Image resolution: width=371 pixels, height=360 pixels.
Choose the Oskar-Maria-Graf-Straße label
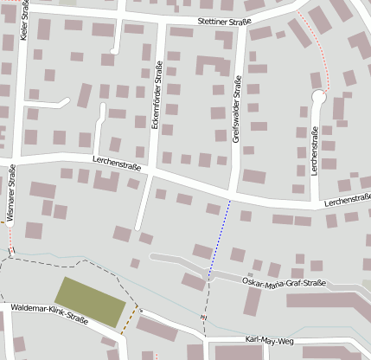point(285,283)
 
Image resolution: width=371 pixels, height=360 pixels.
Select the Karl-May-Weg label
point(270,340)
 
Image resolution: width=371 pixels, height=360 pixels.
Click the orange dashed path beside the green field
point(129,321)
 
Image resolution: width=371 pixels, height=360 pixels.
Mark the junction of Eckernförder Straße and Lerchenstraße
point(152,170)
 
